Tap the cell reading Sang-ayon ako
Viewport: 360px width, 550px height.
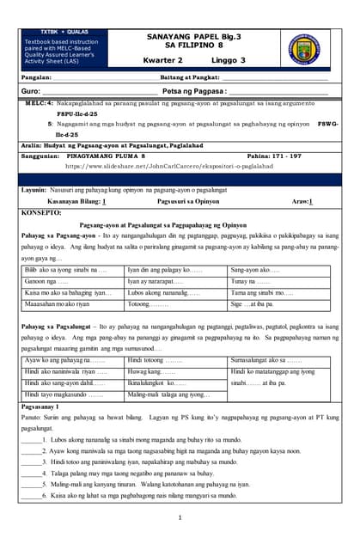255,270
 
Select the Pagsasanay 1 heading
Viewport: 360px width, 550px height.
40,406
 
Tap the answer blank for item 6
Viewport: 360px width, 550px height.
31,496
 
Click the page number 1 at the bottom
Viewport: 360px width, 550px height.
180,517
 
